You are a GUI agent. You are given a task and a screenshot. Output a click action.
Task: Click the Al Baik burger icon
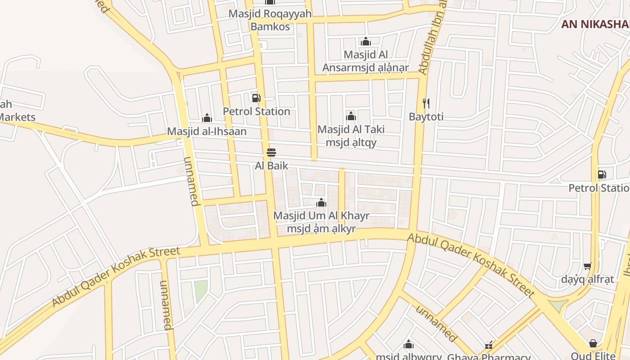click(x=271, y=153)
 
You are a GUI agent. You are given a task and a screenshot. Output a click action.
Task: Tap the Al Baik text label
click(x=271, y=166)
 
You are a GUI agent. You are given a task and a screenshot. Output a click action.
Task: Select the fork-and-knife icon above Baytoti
click(x=426, y=104)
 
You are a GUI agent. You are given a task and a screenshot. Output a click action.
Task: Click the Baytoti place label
click(x=426, y=117)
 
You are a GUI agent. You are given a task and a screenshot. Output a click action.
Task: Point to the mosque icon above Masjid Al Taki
click(x=351, y=117)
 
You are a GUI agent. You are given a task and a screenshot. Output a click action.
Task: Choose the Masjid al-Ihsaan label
click(x=207, y=131)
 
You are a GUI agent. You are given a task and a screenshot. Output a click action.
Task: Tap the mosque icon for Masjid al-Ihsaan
click(x=207, y=118)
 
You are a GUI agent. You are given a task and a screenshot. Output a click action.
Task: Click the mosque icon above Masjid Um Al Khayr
click(x=321, y=202)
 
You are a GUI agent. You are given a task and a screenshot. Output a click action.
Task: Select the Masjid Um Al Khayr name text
click(x=321, y=216)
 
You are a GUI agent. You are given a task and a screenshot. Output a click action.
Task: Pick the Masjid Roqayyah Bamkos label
click(x=270, y=20)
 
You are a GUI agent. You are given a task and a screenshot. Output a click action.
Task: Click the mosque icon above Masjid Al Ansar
click(x=365, y=42)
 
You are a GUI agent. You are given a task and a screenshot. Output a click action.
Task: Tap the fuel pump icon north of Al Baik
click(x=256, y=98)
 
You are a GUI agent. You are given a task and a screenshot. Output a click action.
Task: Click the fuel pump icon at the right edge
click(x=602, y=175)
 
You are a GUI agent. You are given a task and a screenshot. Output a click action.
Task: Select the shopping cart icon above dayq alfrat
click(x=587, y=266)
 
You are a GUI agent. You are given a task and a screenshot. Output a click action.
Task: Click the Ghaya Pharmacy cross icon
click(x=489, y=346)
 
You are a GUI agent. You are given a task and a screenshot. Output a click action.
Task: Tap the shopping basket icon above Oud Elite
click(x=593, y=344)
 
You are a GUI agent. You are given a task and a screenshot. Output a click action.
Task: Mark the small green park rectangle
click(x=201, y=291)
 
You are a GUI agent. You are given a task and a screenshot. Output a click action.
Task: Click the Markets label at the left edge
click(x=17, y=117)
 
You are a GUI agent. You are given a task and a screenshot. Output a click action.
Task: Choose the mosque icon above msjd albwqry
click(x=409, y=345)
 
